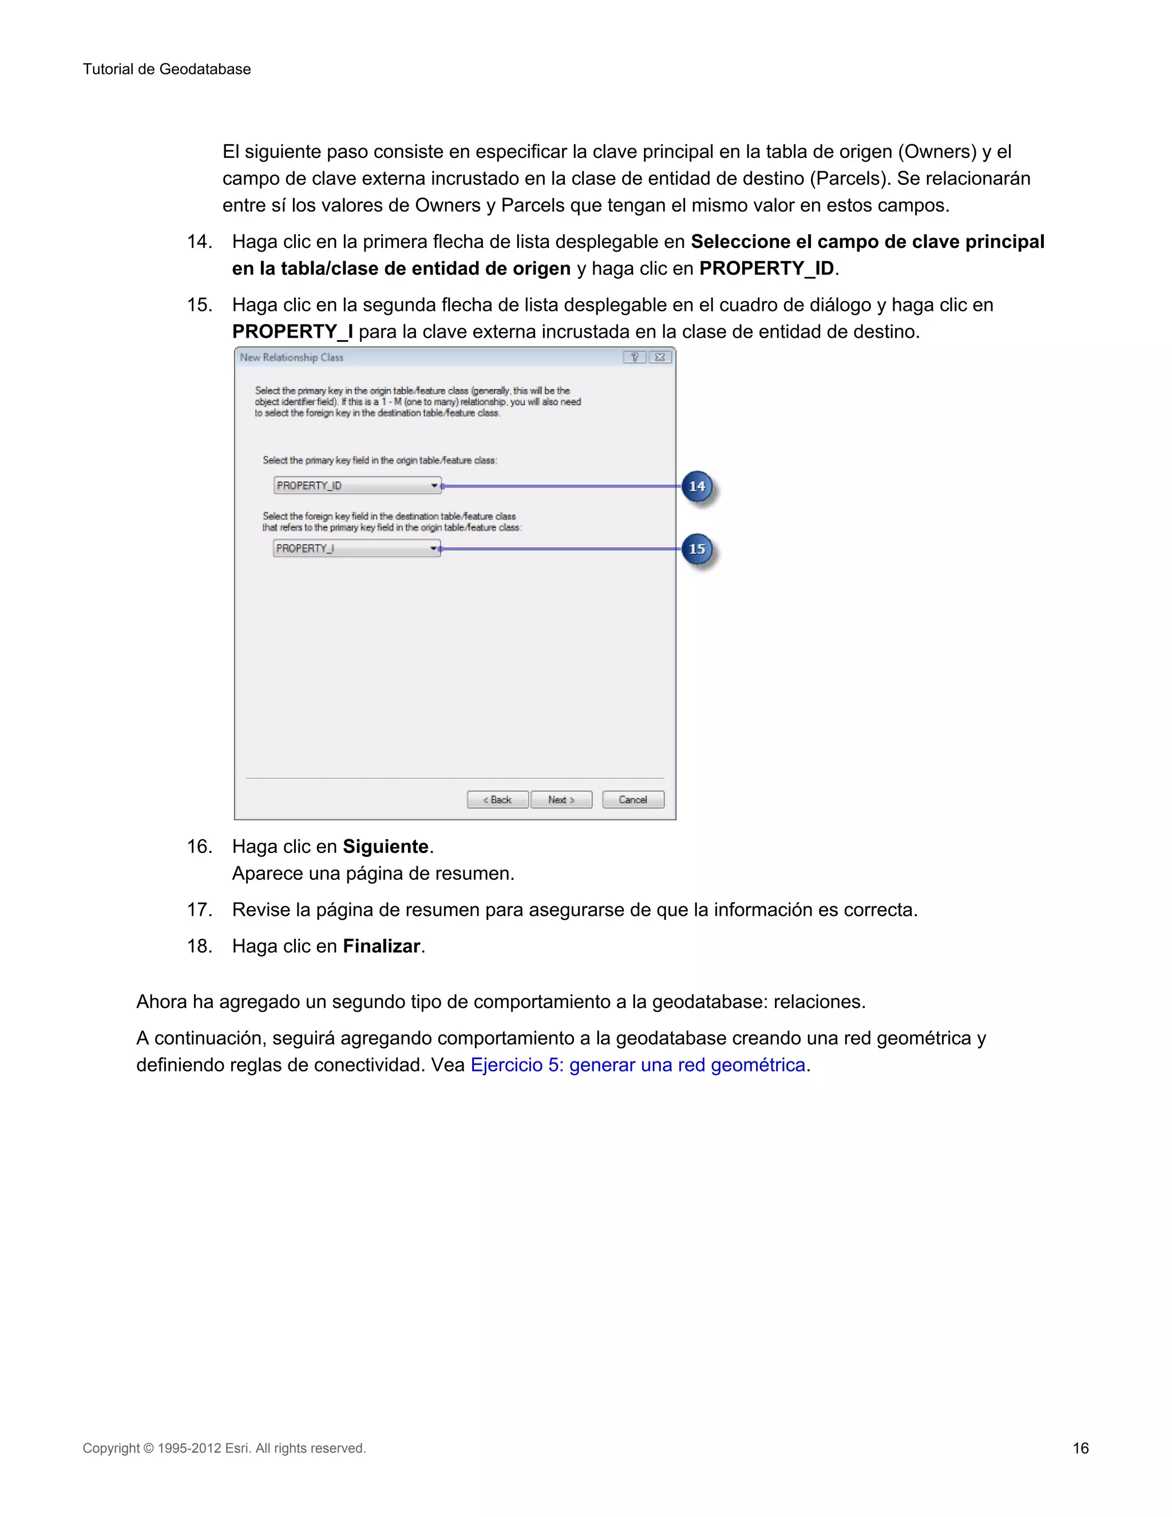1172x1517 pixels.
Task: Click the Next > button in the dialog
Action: (561, 800)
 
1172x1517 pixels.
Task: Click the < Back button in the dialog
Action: (497, 800)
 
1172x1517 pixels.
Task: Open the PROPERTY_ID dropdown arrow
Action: (434, 485)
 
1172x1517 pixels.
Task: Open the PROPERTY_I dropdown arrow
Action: (433, 549)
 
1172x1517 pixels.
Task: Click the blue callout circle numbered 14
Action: (696, 486)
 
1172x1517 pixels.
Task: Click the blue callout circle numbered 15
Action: (696, 550)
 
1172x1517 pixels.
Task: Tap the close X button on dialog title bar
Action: (660, 357)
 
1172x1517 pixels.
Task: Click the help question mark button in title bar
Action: (634, 357)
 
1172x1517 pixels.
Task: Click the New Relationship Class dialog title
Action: (292, 357)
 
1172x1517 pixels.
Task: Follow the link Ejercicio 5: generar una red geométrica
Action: (638, 1065)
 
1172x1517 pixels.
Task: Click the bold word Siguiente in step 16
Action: (385, 847)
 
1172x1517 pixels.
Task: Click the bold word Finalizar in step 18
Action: (381, 946)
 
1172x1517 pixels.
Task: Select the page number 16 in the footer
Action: (1080, 1448)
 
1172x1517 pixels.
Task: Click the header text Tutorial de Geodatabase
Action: (167, 69)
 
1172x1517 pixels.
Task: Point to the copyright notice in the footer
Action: (224, 1448)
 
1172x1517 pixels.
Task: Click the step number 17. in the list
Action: (199, 910)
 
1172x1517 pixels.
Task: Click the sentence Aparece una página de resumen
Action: (373, 873)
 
